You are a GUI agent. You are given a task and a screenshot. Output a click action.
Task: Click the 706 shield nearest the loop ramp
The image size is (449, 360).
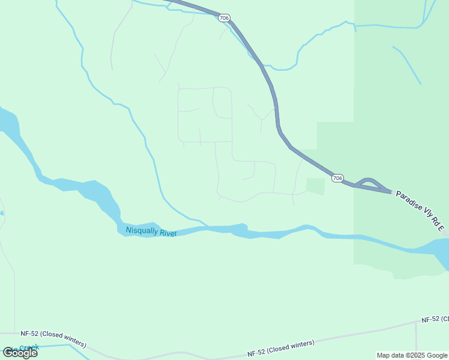(x=338, y=178)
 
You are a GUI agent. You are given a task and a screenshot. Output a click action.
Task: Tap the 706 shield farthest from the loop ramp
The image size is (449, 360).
(x=224, y=19)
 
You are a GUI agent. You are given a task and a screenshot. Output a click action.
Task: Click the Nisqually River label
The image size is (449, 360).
(x=151, y=232)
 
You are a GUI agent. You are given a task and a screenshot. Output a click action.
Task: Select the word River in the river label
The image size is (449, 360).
(x=168, y=233)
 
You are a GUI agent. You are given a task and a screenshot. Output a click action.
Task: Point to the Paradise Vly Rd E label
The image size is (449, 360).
(x=420, y=211)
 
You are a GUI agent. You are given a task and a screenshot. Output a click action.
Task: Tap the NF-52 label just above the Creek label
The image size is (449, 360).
(x=53, y=339)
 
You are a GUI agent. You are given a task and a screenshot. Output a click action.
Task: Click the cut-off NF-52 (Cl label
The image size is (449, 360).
(x=435, y=319)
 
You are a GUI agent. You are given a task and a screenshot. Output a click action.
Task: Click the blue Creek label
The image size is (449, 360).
(x=29, y=347)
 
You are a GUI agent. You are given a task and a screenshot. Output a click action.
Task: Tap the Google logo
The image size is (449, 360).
(x=20, y=353)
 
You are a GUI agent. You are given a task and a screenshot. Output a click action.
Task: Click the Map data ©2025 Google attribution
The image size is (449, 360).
(x=412, y=355)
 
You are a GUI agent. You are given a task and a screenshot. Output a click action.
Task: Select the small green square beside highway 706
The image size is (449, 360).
(x=315, y=186)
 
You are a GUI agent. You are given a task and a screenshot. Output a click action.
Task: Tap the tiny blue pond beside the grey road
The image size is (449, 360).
(x=2, y=212)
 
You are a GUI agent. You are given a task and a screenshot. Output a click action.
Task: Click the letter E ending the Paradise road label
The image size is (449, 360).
(x=441, y=229)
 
